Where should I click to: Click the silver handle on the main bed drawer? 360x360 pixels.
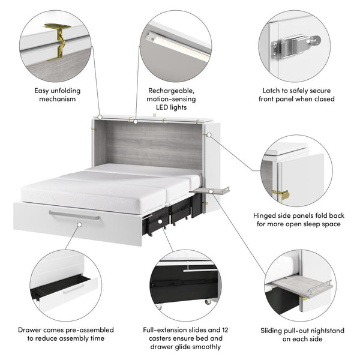pos(74,215)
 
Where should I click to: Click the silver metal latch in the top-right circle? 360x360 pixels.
pos(296,46)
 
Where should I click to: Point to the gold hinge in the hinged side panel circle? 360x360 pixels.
pos(281,194)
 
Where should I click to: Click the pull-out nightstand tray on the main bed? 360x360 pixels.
pos(209,190)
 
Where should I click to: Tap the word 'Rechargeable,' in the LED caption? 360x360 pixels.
pos(171,91)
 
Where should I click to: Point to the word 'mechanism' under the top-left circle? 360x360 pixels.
pos(58,99)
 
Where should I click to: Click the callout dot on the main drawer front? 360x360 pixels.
pos(79,225)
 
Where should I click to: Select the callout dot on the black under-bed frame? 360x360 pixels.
pos(160,221)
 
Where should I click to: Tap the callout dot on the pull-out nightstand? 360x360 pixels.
pos(211,191)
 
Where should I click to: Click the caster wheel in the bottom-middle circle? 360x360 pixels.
pos(208,301)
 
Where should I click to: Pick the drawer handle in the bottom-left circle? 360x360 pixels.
pos(73,289)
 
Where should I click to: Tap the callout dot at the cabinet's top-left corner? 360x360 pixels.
pos(100,118)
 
